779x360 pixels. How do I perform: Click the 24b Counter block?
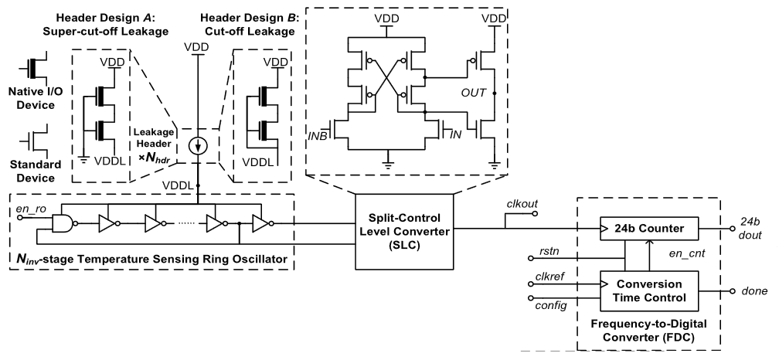coord(650,229)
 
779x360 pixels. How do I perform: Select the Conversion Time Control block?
coord(650,290)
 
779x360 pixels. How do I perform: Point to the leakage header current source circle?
coord(198,145)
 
